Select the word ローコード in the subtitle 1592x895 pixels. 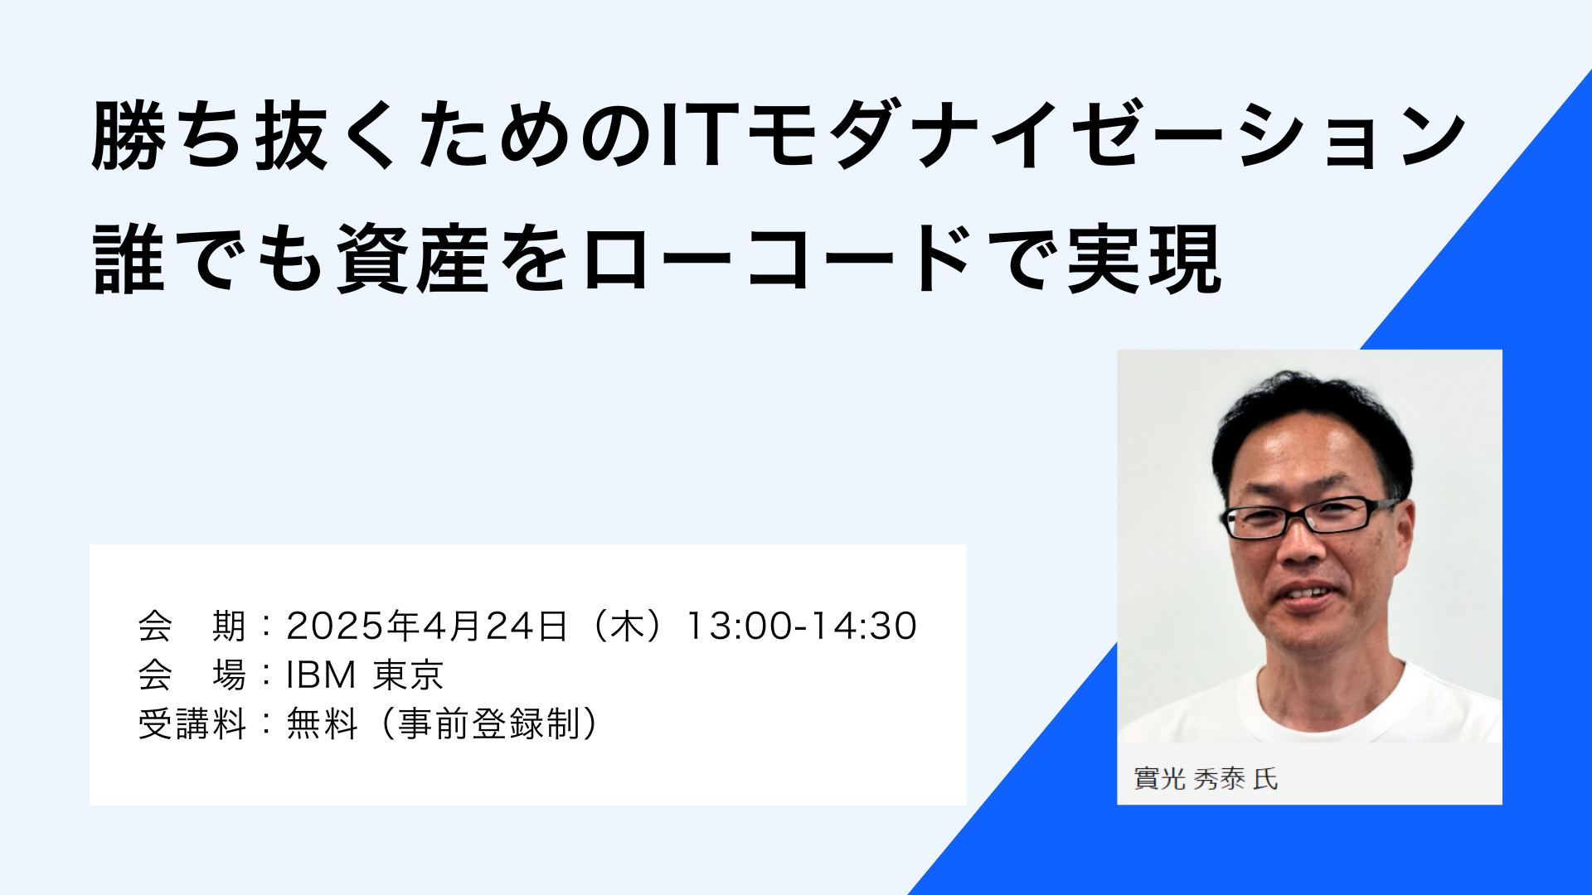tap(777, 259)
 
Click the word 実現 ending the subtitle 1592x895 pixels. tap(1143, 259)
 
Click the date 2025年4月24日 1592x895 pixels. tap(427, 626)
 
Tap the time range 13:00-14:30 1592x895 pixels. tap(802, 626)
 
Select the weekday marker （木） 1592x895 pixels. tap(628, 626)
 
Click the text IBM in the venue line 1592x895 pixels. tap(321, 675)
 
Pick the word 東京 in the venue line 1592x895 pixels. tap(408, 675)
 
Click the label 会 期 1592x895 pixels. tap(192, 626)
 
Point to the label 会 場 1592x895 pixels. tap(192, 675)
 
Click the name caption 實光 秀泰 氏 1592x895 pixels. tap(1206, 779)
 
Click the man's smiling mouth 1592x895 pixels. tap(1308, 594)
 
